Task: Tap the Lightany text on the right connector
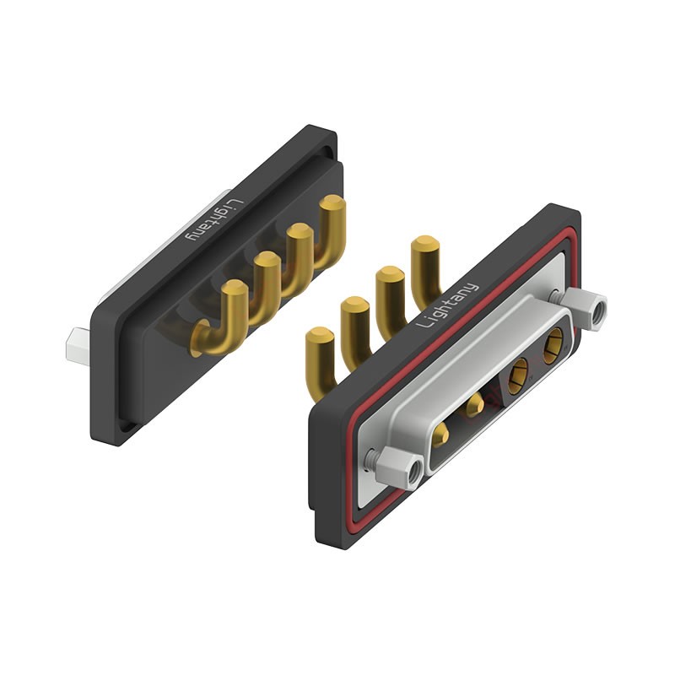point(448,305)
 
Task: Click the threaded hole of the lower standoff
point(414,472)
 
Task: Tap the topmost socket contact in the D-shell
point(553,346)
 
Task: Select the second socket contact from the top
point(517,376)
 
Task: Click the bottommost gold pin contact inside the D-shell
point(441,435)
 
